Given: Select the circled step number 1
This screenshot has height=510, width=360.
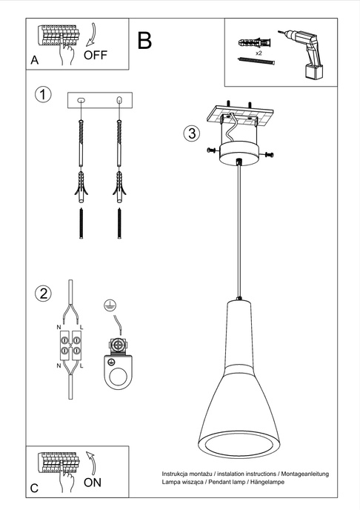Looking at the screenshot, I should coord(44,95).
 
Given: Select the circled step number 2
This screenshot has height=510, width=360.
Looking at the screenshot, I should coord(44,293).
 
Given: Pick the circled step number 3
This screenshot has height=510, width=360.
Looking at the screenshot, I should coord(191,133).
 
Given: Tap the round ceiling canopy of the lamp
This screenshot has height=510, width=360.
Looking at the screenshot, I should coord(239,149).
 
